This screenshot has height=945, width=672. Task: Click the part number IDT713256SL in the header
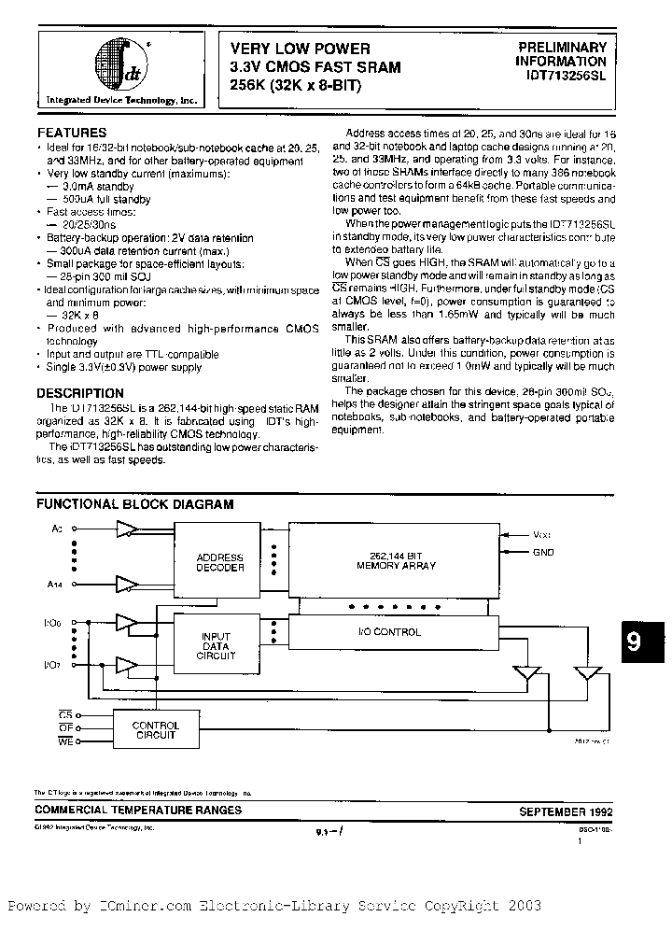pos(561,79)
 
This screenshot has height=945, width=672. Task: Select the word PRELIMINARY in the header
pos(562,48)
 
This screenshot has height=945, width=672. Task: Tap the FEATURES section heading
pos(72,133)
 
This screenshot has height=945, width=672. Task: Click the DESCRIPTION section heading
pos(81,393)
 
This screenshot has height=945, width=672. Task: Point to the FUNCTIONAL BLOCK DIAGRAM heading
pos(134,504)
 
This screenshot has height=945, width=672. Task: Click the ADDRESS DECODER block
pos(219,562)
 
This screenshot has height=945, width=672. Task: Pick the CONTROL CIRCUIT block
pos(155,729)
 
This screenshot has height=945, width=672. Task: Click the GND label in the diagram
pos(543,552)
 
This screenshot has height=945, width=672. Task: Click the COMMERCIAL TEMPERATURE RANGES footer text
pos(139,811)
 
